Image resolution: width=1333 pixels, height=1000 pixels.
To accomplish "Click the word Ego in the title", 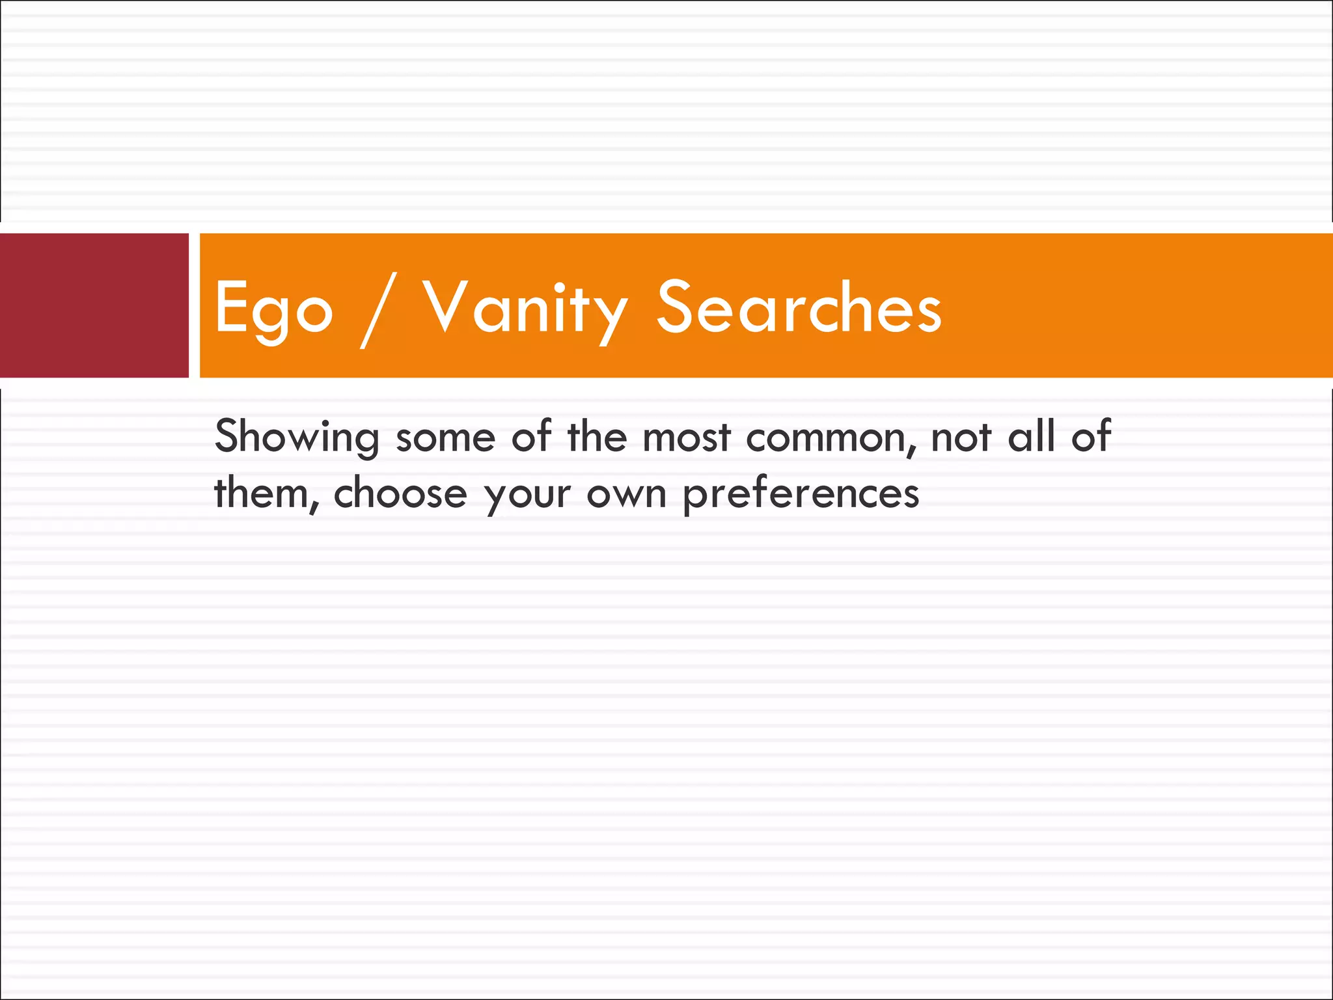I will (x=273, y=308).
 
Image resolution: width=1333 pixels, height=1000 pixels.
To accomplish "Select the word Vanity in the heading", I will (x=525, y=308).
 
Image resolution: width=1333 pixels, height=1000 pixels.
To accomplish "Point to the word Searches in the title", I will (x=799, y=307).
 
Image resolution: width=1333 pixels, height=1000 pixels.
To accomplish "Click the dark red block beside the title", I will (x=94, y=305).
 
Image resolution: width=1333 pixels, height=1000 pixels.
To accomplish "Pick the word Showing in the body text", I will (x=297, y=437).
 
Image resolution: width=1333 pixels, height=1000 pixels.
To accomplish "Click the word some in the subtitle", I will (x=446, y=437).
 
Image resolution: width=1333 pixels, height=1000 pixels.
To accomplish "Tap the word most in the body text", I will (x=687, y=437).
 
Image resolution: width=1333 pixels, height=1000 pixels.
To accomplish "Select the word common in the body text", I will (x=825, y=437).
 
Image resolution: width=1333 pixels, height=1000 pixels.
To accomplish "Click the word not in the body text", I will (x=961, y=437).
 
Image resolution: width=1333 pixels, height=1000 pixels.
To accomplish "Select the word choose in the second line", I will (x=400, y=493).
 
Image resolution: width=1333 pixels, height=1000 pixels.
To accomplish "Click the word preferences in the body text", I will (x=801, y=495).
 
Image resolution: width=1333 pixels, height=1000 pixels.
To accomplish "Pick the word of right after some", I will (x=531, y=436).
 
